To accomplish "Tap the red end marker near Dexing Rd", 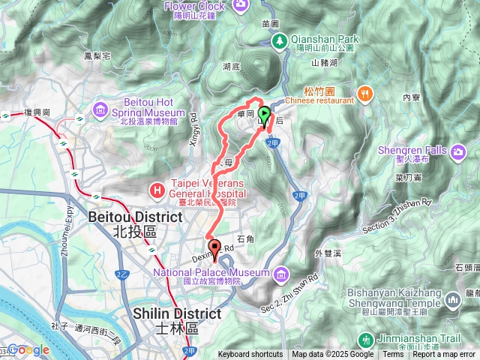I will [214, 247].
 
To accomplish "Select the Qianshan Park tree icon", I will [281, 43].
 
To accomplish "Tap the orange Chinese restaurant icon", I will [366, 93].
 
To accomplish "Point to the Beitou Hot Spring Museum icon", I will [100, 112].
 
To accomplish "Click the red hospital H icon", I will [157, 190].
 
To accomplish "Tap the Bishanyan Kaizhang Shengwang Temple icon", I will [452, 300].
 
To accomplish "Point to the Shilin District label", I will [176, 313].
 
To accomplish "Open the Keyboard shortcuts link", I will [250, 355].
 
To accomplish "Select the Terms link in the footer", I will [393, 355].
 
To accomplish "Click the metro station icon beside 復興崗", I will [6, 116].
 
